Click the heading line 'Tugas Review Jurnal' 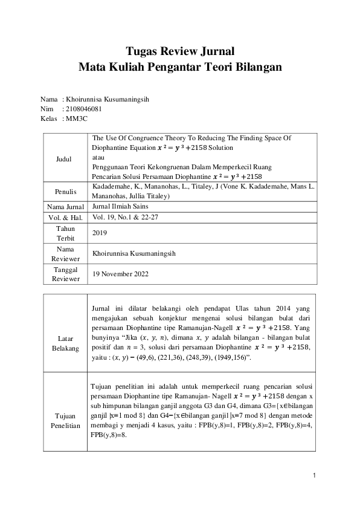(179, 51)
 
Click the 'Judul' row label (62, 159)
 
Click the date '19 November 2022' (120, 274)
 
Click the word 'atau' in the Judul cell (98, 156)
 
